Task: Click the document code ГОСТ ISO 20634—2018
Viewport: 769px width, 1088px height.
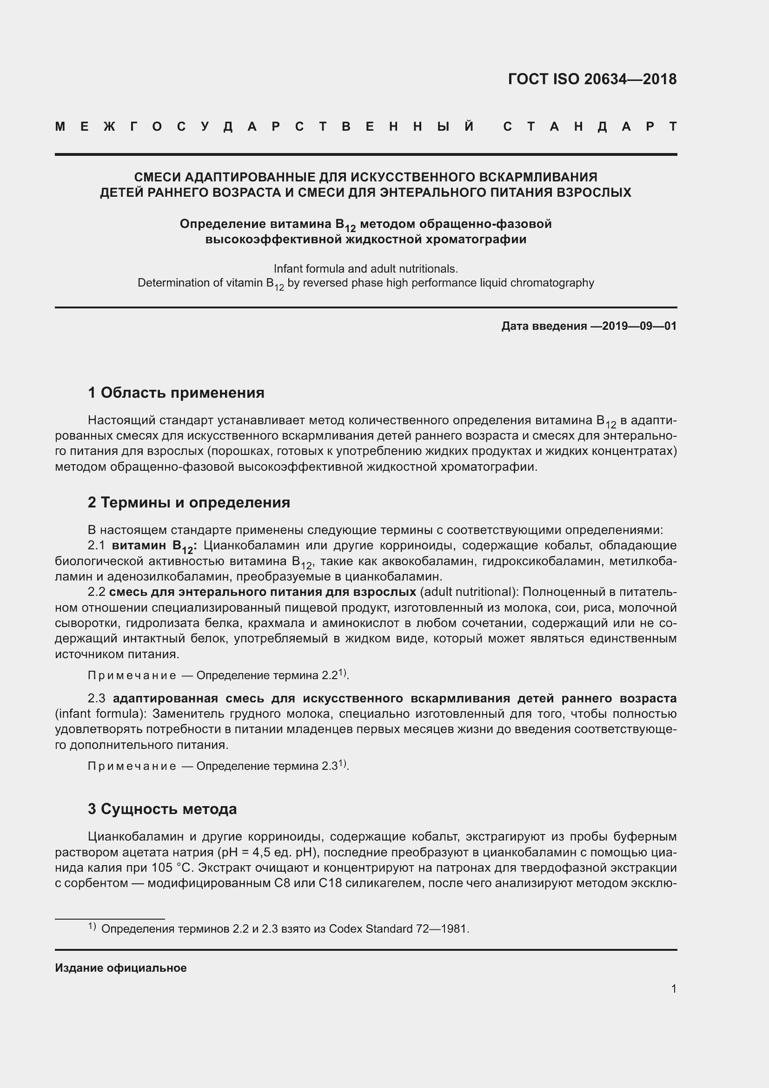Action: (592, 79)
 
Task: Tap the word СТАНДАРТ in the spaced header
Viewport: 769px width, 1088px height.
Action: (590, 127)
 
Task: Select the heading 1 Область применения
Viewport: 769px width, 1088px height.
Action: (176, 393)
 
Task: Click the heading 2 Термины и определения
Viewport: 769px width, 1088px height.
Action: (188, 502)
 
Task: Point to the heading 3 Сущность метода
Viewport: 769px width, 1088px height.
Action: (162, 809)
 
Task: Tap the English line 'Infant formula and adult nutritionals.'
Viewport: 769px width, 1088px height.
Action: (365, 269)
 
